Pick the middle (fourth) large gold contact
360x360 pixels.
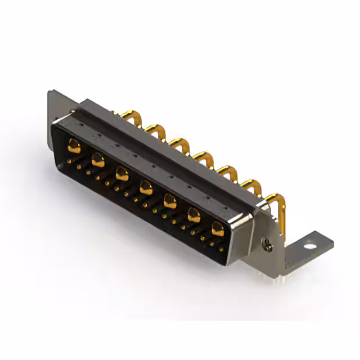(146, 187)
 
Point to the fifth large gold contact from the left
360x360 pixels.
(170, 200)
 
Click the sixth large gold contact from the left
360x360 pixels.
(194, 214)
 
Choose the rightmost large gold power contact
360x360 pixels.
(218, 228)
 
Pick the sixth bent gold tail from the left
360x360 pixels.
(251, 186)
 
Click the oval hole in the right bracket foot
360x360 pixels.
(308, 246)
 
